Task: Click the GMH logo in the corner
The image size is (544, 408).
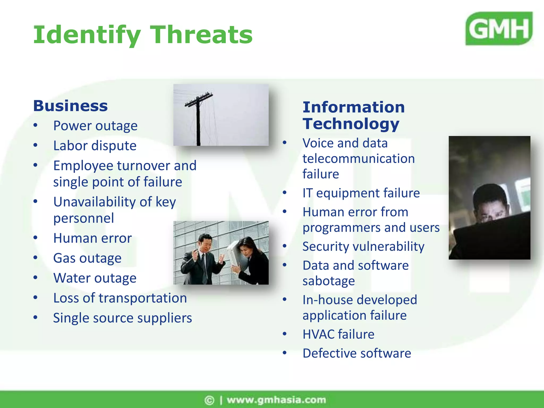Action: tap(499, 28)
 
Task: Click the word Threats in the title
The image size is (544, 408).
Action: tap(201, 35)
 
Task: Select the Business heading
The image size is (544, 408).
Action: tap(70, 106)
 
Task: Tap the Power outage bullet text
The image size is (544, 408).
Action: tap(95, 126)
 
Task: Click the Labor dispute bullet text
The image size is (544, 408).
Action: tap(95, 146)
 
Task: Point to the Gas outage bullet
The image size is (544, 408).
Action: tap(87, 258)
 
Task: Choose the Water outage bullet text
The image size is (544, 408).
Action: tap(95, 278)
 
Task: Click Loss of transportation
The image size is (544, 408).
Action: tap(120, 298)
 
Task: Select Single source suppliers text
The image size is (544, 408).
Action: tap(122, 318)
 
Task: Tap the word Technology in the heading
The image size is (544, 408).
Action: tap(351, 124)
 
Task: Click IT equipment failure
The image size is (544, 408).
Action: tap(361, 193)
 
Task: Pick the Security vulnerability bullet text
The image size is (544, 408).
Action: tap(363, 246)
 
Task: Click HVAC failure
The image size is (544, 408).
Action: tap(338, 334)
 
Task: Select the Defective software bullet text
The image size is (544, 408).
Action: tap(356, 353)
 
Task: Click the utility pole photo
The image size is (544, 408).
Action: tap(221, 115)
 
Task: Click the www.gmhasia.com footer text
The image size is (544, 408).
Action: tap(276, 400)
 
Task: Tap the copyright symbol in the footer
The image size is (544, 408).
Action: tap(209, 400)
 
